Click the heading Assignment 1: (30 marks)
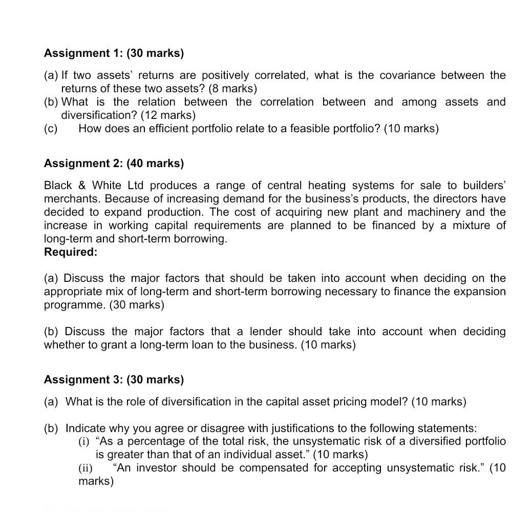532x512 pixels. click(x=114, y=53)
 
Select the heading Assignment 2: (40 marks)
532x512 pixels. click(x=114, y=163)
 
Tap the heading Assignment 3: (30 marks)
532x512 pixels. click(x=114, y=380)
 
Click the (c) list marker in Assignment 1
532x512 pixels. click(x=51, y=129)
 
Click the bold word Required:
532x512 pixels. click(x=71, y=252)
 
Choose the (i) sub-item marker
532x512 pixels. click(x=84, y=442)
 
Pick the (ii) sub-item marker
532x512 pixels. click(x=86, y=468)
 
